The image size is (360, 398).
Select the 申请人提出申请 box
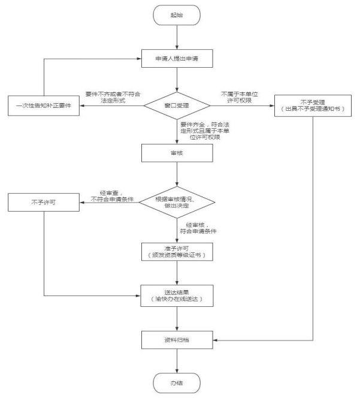click(177, 59)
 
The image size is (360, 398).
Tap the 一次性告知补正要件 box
click(45, 105)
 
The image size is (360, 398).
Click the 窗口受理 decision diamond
click(177, 105)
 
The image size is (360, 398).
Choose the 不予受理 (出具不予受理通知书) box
click(313, 105)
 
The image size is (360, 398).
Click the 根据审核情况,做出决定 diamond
click(177, 201)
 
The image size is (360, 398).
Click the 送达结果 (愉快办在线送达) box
click(177, 295)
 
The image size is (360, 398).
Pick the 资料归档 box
click(177, 340)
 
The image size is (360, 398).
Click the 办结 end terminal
click(177, 382)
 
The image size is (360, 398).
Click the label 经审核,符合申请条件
click(198, 227)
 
